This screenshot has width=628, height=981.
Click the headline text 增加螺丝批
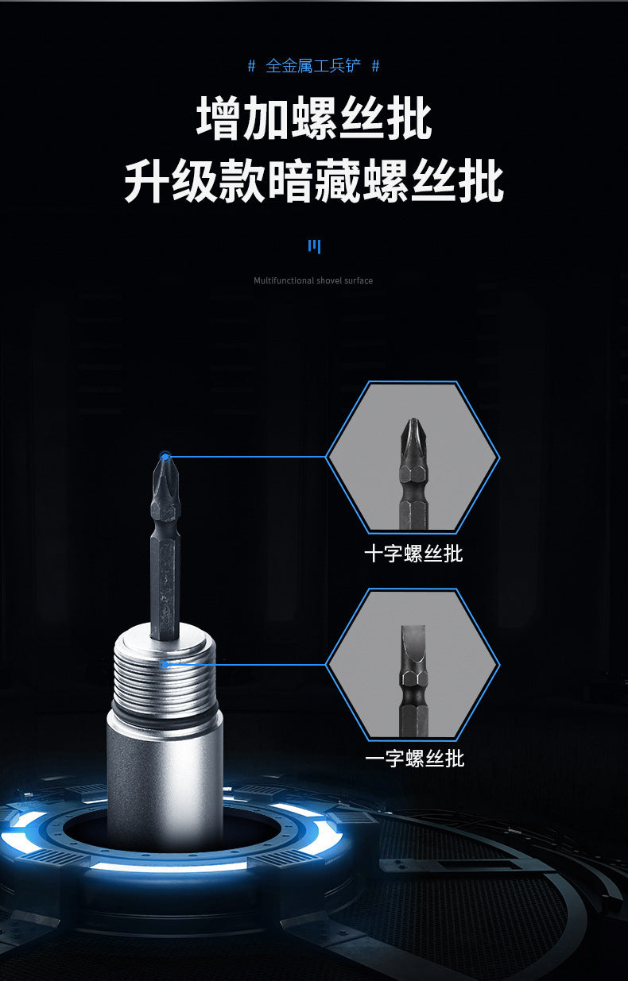(x=314, y=120)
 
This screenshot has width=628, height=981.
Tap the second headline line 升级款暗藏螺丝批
(x=314, y=183)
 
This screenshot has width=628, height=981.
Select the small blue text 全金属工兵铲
(x=313, y=66)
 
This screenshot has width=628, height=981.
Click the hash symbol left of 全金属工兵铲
(x=252, y=66)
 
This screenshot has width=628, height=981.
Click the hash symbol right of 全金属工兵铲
(x=375, y=66)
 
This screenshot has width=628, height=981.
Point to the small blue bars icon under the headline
(x=314, y=246)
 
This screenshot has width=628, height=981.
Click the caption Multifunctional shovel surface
(x=313, y=280)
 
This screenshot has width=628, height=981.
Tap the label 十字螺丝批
(x=413, y=554)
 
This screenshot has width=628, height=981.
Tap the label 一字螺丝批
(x=414, y=759)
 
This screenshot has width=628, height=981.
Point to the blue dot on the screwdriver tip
(x=165, y=457)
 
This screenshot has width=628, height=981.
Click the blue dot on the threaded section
(x=165, y=664)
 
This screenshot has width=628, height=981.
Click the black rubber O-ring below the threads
(x=165, y=708)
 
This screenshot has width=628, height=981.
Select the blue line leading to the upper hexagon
(x=246, y=457)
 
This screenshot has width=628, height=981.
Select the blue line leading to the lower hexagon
(x=246, y=664)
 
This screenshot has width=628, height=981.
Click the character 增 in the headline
(x=219, y=120)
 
